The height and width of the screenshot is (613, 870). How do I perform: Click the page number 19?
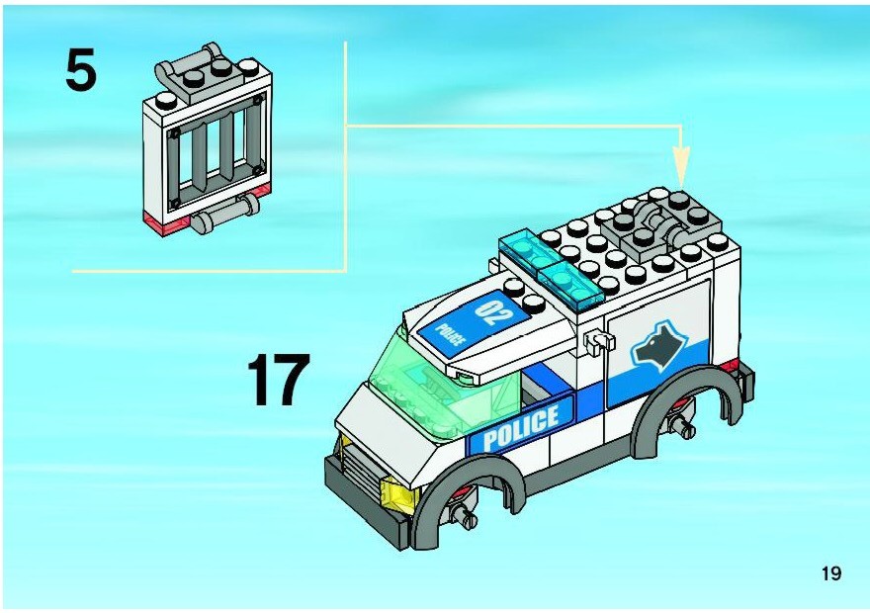(x=831, y=573)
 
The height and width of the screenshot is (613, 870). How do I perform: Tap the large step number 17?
(x=278, y=380)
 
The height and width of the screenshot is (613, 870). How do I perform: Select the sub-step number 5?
(x=81, y=69)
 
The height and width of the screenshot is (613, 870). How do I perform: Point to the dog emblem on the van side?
(x=653, y=346)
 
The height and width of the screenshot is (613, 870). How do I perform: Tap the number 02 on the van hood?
(x=491, y=311)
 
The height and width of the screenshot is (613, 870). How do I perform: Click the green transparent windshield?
(x=438, y=389)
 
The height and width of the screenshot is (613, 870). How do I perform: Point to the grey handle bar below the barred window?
(x=225, y=215)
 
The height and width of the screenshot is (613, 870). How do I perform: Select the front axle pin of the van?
(x=465, y=517)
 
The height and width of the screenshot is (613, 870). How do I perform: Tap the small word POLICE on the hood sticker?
(x=450, y=334)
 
